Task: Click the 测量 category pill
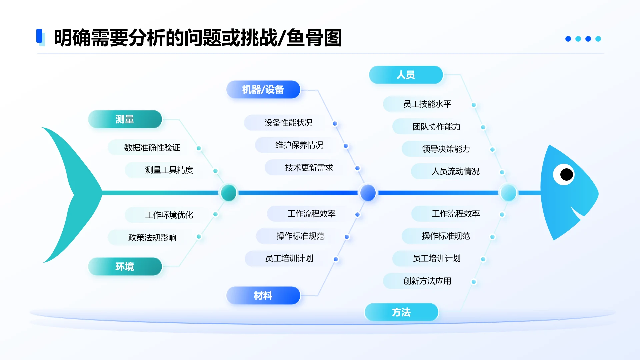125,119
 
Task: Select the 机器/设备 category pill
263,90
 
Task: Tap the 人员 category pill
406,75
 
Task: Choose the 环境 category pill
125,266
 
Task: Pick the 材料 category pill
263,295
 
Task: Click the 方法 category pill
401,312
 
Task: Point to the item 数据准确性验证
152,148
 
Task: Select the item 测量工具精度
169,170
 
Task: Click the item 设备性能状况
288,123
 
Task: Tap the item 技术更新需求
309,168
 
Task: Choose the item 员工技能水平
427,104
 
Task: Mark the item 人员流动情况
455,171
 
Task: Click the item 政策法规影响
152,237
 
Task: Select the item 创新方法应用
427,281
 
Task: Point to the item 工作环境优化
169,215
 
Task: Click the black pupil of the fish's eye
566,174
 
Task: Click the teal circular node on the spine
229,193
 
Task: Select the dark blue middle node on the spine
368,193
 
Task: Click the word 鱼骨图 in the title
314,38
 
